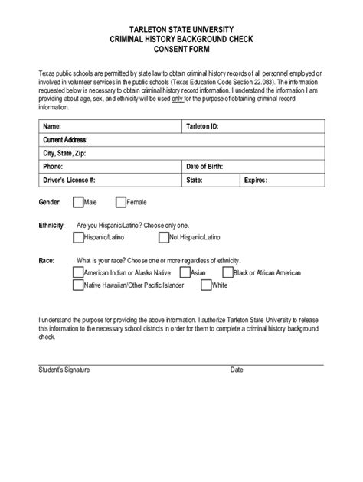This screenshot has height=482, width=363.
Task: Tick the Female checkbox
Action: [x=120, y=202]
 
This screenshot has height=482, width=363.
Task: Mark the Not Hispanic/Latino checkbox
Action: [x=163, y=238]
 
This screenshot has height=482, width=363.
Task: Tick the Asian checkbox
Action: [x=185, y=272]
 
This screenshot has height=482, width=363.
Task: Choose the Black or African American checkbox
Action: [x=227, y=272]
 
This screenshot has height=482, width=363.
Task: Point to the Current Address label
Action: [x=65, y=140]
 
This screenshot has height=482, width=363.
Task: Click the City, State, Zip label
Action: [x=64, y=153]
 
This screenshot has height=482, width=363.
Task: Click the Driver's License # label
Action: [x=69, y=181]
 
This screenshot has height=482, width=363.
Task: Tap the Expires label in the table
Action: [x=255, y=181]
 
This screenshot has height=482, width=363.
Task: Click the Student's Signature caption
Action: [x=64, y=370]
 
